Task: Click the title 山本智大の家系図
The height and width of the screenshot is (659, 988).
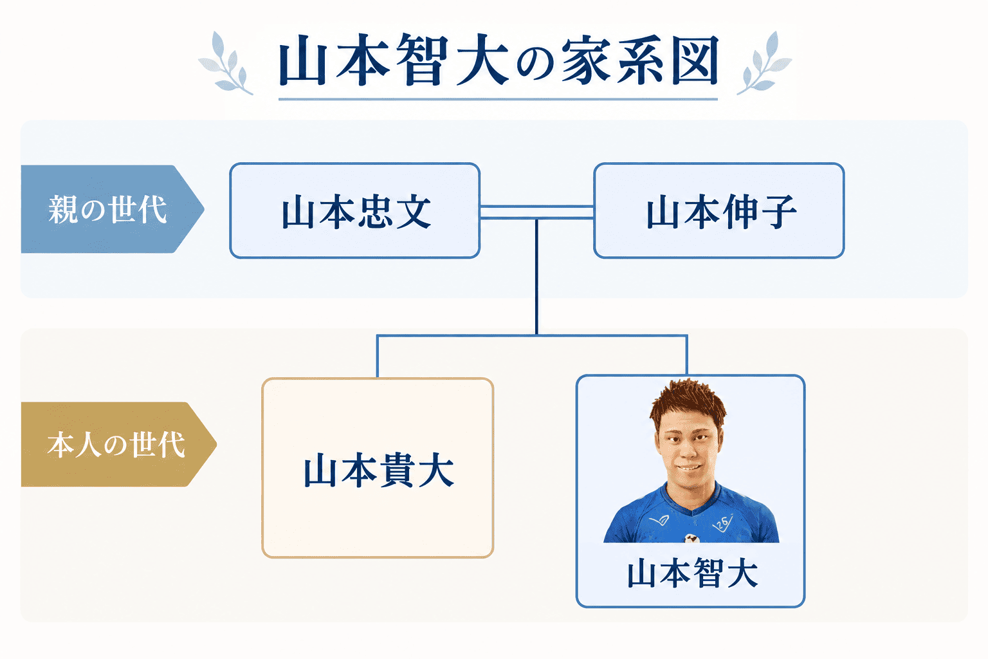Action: [499, 60]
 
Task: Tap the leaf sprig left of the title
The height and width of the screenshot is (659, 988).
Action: [226, 63]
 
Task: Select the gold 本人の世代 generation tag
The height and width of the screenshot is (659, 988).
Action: [118, 444]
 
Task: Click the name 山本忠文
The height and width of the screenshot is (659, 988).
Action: [356, 212]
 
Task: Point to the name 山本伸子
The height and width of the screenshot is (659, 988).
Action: [722, 212]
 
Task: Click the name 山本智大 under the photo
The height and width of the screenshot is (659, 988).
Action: [693, 573]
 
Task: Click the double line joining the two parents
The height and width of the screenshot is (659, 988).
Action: [537, 212]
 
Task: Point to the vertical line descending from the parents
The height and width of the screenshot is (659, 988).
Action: [537, 277]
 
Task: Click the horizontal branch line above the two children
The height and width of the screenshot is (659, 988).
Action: [532, 336]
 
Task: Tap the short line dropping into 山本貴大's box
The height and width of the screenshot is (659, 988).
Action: [378, 357]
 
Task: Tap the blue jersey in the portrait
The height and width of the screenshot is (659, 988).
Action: [691, 515]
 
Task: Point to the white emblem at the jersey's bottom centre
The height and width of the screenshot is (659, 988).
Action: [691, 538]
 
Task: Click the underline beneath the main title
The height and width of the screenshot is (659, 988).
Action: [498, 99]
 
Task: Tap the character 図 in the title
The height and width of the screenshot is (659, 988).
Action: [695, 60]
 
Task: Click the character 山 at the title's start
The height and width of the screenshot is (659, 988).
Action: [303, 60]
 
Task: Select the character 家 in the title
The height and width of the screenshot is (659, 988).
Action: [586, 60]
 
